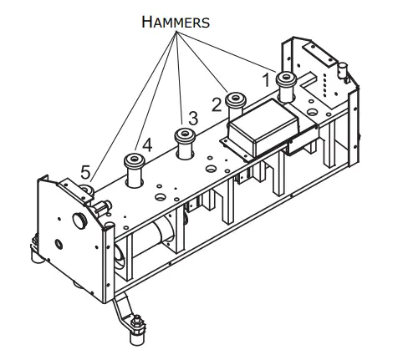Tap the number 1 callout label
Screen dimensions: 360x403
268,79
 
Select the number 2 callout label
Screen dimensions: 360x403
216,103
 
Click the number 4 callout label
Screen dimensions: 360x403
147,145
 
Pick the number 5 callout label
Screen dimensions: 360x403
85,171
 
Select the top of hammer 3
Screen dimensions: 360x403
183,133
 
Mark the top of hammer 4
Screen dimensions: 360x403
134,158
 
